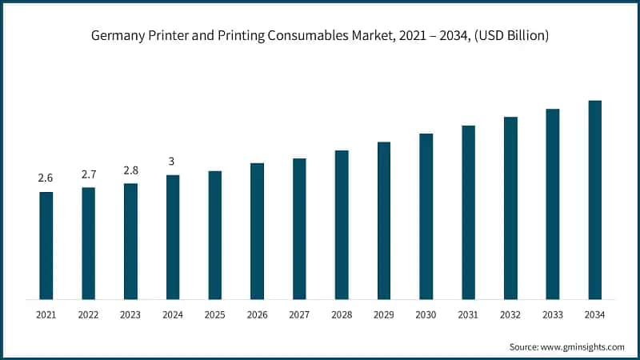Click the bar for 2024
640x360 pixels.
tap(173, 237)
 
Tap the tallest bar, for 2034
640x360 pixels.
tap(594, 200)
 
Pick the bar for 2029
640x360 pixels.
tap(384, 221)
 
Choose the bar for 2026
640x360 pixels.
tap(257, 231)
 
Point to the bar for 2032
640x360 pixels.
tap(510, 208)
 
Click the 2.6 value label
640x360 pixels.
tap(46, 178)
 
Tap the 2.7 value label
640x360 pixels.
tap(88, 174)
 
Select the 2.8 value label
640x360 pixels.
tap(130, 170)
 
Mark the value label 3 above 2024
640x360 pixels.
tap(172, 162)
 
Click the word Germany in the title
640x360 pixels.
tap(120, 36)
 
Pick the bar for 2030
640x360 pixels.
tap(426, 217)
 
